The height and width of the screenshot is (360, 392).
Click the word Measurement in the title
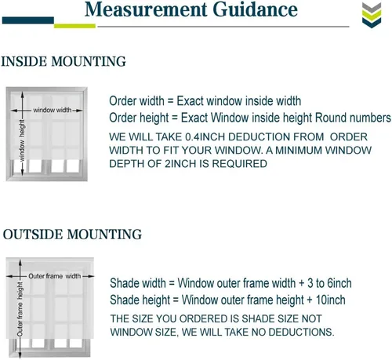click(x=146, y=9)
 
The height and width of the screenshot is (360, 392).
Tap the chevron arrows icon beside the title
click(x=372, y=15)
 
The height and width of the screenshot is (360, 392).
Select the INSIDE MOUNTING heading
click(x=64, y=61)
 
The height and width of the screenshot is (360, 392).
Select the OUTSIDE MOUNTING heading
click(x=72, y=234)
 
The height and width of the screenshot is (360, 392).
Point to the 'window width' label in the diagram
click(x=53, y=110)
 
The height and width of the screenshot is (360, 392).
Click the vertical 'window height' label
click(x=22, y=140)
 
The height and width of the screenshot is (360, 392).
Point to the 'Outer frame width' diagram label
click(x=55, y=276)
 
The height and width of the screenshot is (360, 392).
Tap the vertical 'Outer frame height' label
click(x=20, y=309)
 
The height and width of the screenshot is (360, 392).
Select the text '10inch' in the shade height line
click(x=331, y=300)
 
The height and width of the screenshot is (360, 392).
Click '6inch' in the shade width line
click(x=339, y=283)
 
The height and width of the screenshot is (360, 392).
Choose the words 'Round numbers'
click(x=353, y=118)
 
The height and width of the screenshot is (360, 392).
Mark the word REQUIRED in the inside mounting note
click(x=239, y=164)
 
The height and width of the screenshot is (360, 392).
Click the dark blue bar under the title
click(x=28, y=20)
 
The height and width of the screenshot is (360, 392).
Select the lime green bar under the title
click(x=74, y=26)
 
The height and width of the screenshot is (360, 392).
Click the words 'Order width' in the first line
click(x=136, y=101)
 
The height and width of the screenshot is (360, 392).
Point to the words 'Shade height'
click(x=140, y=300)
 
